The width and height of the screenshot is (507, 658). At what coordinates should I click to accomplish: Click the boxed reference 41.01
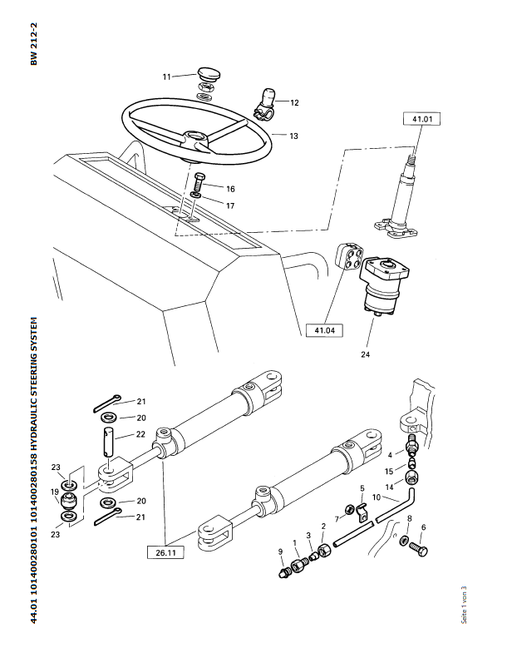422,119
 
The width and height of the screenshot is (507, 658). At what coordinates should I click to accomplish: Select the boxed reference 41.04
325,330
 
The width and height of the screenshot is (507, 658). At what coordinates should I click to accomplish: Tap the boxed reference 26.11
165,552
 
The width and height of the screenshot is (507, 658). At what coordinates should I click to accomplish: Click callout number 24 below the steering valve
365,354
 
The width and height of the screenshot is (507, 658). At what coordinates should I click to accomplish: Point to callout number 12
294,103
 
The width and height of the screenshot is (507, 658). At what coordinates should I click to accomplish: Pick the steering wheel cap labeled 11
209,75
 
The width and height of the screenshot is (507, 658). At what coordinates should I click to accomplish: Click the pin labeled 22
108,442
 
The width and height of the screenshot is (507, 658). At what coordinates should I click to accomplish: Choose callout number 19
55,492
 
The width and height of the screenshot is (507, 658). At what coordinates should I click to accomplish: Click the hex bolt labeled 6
418,549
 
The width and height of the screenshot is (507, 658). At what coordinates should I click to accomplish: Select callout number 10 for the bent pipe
377,497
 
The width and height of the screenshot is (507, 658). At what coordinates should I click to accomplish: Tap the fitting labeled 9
285,572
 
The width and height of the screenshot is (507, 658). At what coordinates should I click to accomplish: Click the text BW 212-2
34,44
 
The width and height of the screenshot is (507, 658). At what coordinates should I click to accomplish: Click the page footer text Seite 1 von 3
464,605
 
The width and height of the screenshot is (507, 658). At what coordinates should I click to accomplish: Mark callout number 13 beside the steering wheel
293,136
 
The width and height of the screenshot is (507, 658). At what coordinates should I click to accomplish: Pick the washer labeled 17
195,195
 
